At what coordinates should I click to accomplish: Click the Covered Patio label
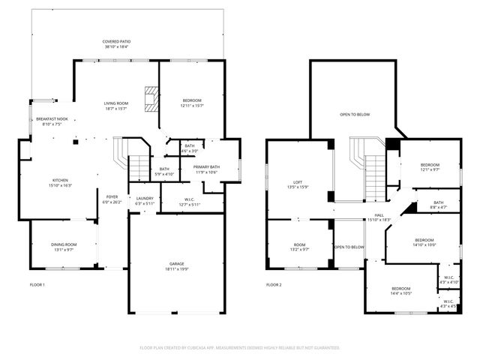(116, 43)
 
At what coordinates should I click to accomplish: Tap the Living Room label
(116, 106)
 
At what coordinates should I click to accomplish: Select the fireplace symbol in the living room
(153, 98)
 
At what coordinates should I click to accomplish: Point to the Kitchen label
(60, 182)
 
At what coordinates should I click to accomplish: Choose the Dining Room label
(64, 247)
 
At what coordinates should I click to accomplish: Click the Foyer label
(112, 199)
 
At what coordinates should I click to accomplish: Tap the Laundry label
(145, 200)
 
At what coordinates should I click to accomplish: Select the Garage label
(176, 265)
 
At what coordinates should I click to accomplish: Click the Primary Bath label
(205, 169)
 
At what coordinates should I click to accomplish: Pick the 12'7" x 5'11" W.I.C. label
(189, 202)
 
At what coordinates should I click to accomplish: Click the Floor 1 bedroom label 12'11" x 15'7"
(192, 103)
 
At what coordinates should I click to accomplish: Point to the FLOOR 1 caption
(37, 285)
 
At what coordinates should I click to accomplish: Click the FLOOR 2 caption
(274, 285)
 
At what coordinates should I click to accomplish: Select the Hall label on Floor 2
(379, 217)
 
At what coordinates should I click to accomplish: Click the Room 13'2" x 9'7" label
(300, 247)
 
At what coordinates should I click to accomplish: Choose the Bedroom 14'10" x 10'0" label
(424, 242)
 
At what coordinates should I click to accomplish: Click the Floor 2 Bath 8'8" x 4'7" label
(438, 204)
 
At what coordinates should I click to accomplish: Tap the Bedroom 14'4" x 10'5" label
(400, 290)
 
